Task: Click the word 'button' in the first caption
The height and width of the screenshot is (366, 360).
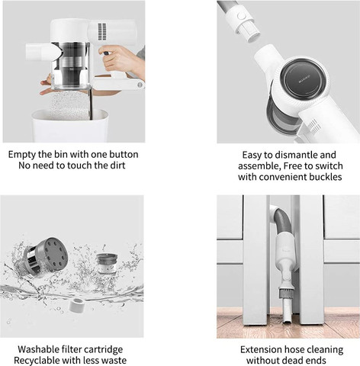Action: [124, 155]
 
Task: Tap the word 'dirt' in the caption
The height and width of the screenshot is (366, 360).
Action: [117, 165]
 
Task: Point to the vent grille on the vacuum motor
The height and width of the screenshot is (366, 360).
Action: [102, 32]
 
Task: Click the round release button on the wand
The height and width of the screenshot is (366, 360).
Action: [241, 16]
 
